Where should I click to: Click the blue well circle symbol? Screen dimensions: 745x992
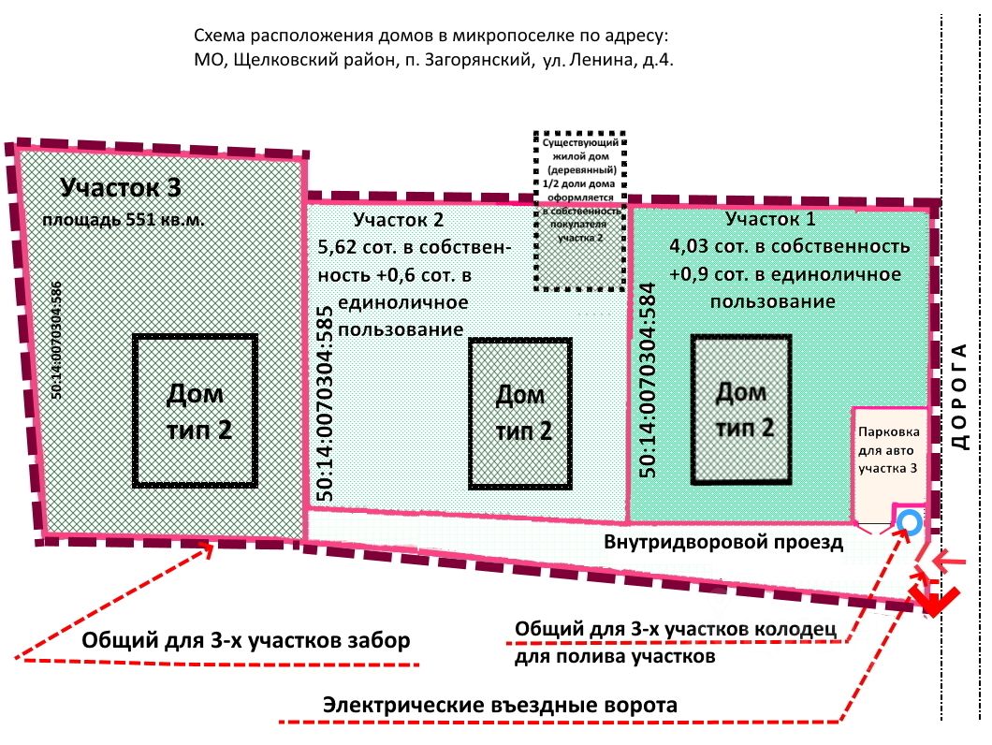[x=907, y=522]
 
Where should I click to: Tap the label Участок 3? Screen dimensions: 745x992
[x=121, y=187]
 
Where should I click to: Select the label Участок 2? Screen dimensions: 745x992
[x=398, y=220]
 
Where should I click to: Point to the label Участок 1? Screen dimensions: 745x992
[x=770, y=220]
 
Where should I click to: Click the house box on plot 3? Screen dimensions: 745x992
[x=196, y=410]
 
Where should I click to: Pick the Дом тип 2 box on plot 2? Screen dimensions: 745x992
[x=519, y=413]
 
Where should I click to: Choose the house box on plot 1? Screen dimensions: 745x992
[x=741, y=408]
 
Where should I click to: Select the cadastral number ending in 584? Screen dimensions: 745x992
[x=647, y=380]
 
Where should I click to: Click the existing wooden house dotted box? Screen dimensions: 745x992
[x=580, y=212]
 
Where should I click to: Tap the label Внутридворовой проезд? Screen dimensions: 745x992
[x=723, y=542]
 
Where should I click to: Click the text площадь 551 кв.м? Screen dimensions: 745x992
[x=122, y=222]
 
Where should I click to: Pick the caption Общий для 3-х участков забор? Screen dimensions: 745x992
[x=246, y=642]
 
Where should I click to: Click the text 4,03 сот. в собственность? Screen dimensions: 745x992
[x=789, y=247]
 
